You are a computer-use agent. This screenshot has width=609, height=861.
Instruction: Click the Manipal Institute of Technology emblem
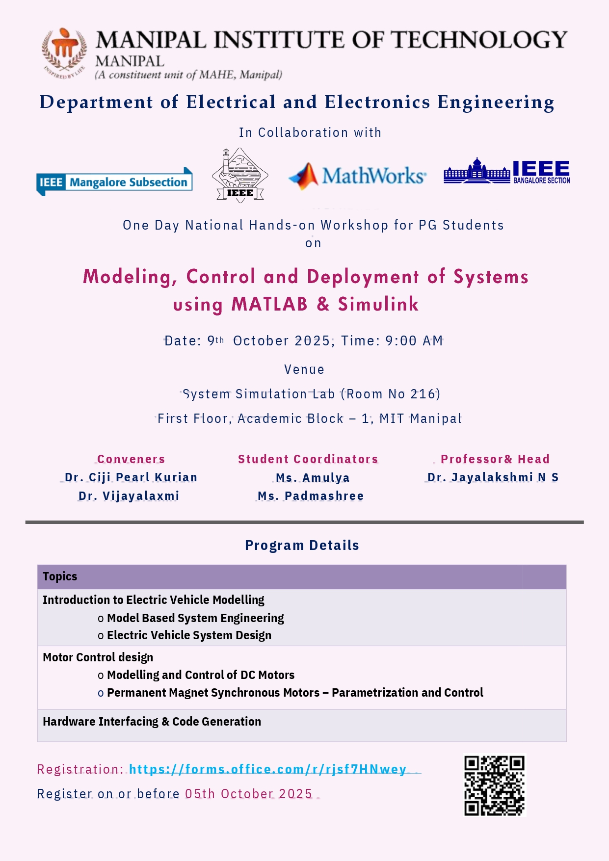pyautogui.click(x=65, y=52)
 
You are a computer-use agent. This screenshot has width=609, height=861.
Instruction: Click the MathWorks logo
pyautogui.click(x=357, y=176)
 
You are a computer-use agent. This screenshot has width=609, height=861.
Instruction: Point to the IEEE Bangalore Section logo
pyautogui.click(x=506, y=172)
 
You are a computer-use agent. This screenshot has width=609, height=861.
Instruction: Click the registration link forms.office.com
pyautogui.click(x=268, y=769)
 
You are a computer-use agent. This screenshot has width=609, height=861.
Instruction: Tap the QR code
pyautogui.click(x=494, y=785)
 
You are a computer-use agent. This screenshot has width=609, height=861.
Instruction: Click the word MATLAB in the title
pyautogui.click(x=269, y=305)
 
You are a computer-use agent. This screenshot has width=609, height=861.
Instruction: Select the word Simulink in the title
pyautogui.click(x=378, y=305)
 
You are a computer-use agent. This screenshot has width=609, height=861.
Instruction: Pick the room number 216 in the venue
pyautogui.click(x=423, y=394)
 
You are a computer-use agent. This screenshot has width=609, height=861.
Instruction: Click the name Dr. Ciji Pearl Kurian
pyautogui.click(x=131, y=477)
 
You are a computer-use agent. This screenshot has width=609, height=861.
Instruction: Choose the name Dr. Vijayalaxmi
pyautogui.click(x=129, y=496)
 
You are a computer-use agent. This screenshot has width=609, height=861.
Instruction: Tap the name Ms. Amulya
pyautogui.click(x=313, y=478)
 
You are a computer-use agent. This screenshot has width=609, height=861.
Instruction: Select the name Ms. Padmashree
pyautogui.click(x=311, y=496)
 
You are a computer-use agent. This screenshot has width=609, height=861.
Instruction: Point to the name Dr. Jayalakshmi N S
pyautogui.click(x=493, y=477)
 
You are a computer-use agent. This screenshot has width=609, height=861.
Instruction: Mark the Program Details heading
pyautogui.click(x=302, y=546)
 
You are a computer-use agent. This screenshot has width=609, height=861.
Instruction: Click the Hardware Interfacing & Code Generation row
pyautogui.click(x=152, y=722)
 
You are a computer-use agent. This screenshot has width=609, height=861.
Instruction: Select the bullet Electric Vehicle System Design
pyautogui.click(x=189, y=635)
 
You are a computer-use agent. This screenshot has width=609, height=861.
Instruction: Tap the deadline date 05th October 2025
pyautogui.click(x=249, y=794)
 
